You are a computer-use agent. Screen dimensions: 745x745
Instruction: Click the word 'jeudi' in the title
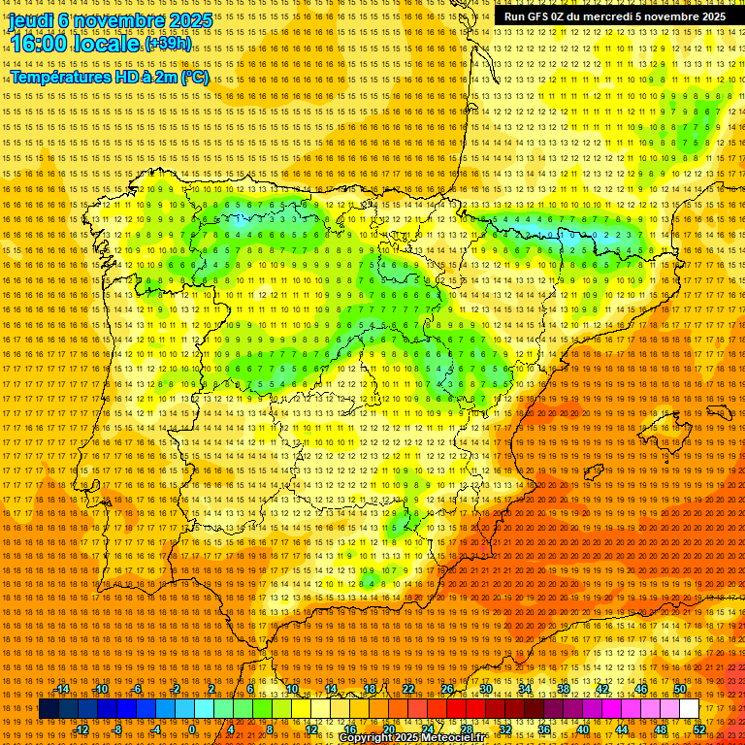[31, 19]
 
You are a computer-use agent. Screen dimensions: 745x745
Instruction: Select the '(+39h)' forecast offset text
[168, 45]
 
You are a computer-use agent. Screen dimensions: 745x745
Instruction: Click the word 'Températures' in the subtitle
[60, 77]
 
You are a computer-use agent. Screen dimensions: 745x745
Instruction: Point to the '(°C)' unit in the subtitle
[194, 77]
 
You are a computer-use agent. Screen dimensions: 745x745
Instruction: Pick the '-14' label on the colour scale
[61, 690]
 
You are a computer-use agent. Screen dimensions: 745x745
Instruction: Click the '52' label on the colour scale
[699, 729]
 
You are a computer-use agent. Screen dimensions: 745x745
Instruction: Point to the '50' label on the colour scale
[679, 690]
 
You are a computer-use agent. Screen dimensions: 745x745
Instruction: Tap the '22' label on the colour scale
[408, 690]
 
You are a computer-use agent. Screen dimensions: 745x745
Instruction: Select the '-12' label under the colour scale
[81, 729]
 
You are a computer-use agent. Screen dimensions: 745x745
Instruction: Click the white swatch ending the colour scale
[689, 709]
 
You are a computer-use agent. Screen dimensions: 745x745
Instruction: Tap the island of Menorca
[719, 413]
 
